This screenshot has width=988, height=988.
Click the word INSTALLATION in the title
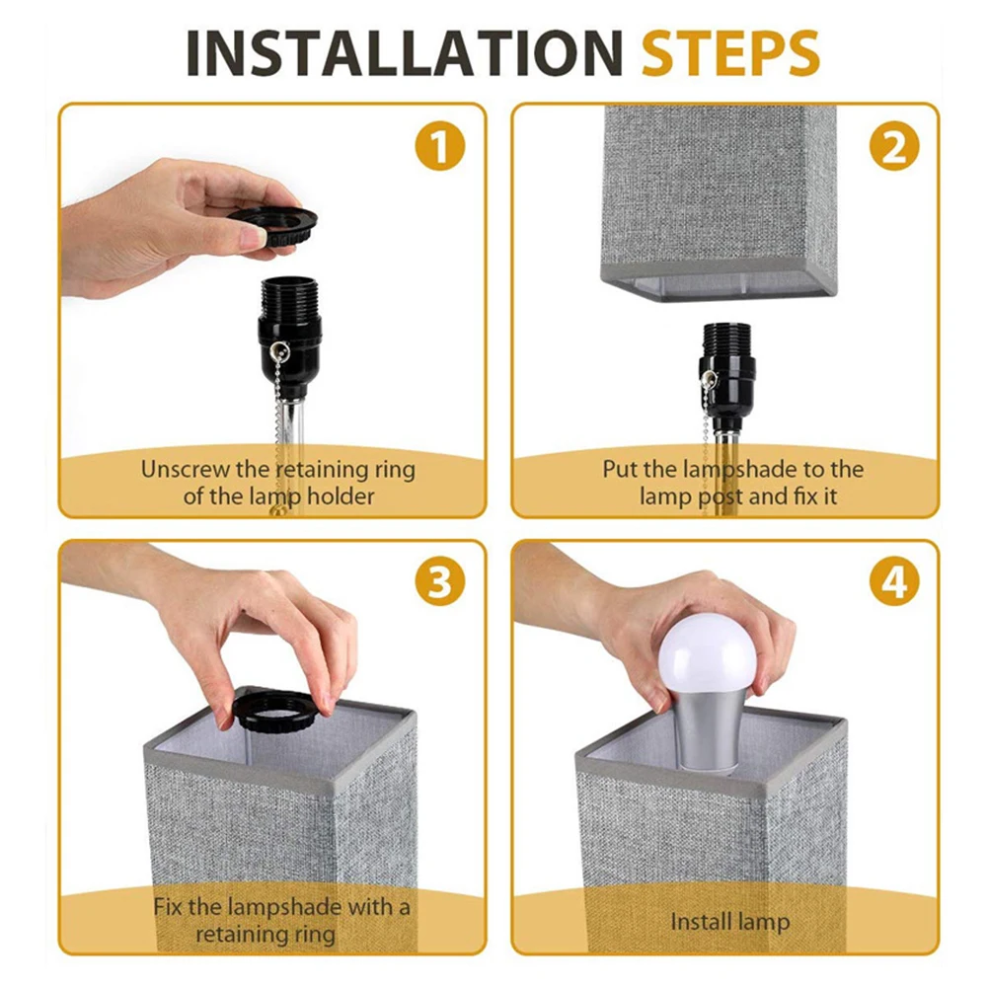pyautogui.click(x=404, y=53)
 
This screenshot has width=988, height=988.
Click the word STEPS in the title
pyautogui.click(x=730, y=53)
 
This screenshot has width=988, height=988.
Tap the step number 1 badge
pyautogui.click(x=440, y=147)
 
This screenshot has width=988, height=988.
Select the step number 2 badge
pyautogui.click(x=893, y=147)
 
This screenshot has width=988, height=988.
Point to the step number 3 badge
pyautogui.click(x=440, y=581)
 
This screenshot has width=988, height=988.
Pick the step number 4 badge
pyautogui.click(x=893, y=581)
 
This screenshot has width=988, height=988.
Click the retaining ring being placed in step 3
pyautogui.click(x=273, y=712)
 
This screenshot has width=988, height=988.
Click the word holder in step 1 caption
pyautogui.click(x=341, y=495)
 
